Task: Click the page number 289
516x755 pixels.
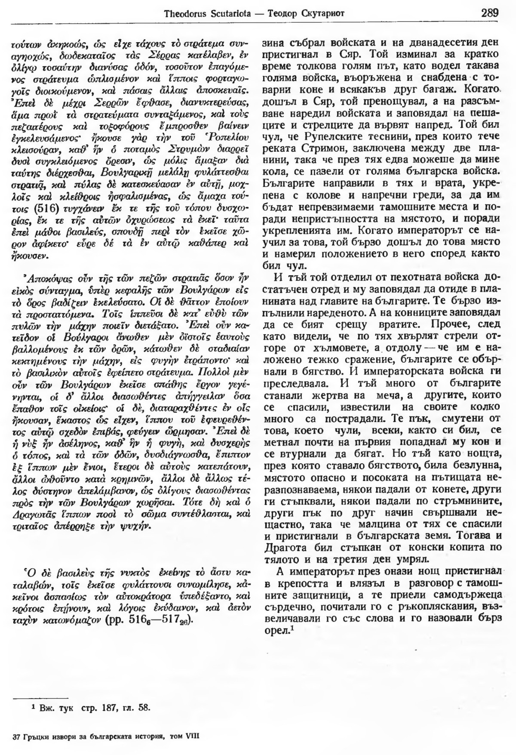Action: tap(490, 12)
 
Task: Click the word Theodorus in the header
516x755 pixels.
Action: tap(182, 13)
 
